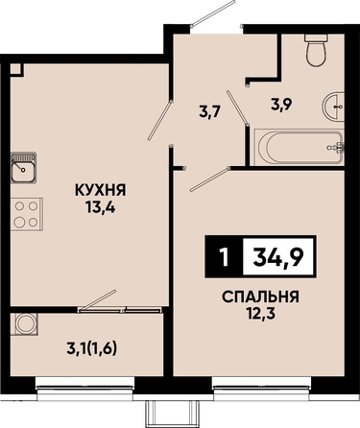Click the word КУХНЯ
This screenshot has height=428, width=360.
(101, 190)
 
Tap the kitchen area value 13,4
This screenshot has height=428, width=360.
(100, 208)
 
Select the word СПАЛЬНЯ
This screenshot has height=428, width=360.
(260, 297)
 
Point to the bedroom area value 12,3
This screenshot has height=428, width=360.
(261, 314)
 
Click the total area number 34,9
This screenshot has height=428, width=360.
(277, 257)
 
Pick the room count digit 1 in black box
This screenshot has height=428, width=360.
(225, 257)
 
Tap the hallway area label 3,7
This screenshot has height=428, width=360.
(210, 112)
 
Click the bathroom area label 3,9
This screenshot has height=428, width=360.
(281, 105)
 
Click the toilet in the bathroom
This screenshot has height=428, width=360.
(317, 50)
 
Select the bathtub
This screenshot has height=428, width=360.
(299, 147)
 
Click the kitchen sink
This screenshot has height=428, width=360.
(23, 168)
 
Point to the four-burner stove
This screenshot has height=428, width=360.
(27, 214)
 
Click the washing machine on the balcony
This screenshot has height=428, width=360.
(24, 323)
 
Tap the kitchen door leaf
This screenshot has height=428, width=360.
(160, 120)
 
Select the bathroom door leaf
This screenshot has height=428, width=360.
(237, 107)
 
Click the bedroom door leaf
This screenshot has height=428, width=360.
(210, 179)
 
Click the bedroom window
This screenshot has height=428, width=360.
(262, 389)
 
